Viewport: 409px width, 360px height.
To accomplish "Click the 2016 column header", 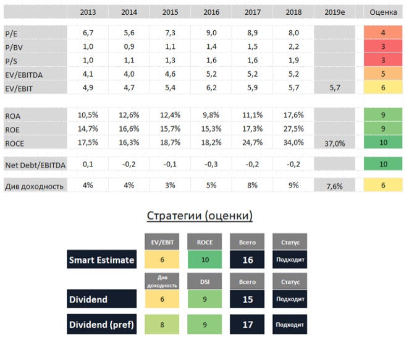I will click(x=211, y=12).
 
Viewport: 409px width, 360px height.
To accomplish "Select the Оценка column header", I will click(x=382, y=12).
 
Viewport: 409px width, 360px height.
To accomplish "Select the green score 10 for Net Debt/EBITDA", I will click(x=382, y=165).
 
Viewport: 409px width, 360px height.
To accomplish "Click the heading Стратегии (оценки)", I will click(x=200, y=216).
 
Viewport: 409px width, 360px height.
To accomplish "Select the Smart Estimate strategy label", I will click(x=101, y=260).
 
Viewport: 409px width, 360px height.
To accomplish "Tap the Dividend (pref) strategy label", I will click(x=101, y=324).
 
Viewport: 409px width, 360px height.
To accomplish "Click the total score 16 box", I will click(x=247, y=260).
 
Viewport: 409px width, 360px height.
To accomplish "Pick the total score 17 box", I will click(x=247, y=324).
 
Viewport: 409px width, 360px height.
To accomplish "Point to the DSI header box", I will click(x=204, y=281).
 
